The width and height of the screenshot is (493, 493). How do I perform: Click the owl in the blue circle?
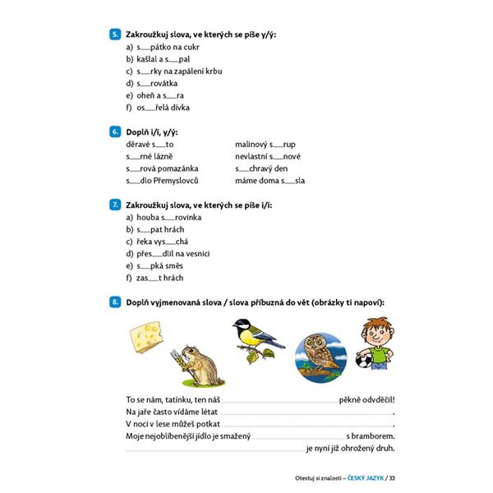pyautogui.click(x=316, y=354)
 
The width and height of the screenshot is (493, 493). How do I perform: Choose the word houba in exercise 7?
pyautogui.click(x=147, y=217)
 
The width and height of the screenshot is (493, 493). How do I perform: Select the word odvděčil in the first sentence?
pyautogui.click(x=376, y=399)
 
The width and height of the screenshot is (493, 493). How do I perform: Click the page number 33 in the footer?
pyautogui.click(x=392, y=478)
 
